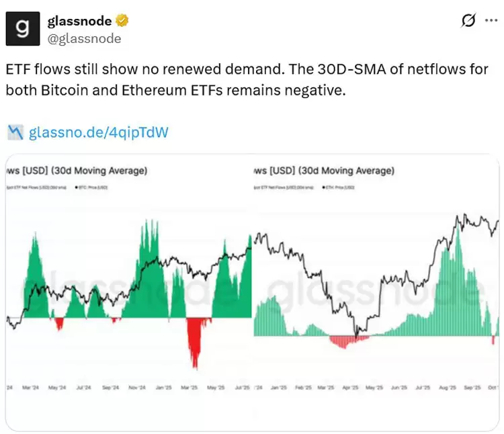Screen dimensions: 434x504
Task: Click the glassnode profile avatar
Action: tap(24, 29)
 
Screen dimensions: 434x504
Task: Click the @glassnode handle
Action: tap(84, 38)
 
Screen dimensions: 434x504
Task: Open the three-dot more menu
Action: tap(491, 21)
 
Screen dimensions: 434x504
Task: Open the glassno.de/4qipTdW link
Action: tap(98, 132)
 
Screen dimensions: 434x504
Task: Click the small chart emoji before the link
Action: tap(15, 132)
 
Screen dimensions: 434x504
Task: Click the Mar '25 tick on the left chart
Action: tap(190, 388)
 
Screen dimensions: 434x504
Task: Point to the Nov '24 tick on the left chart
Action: tap(138, 388)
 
